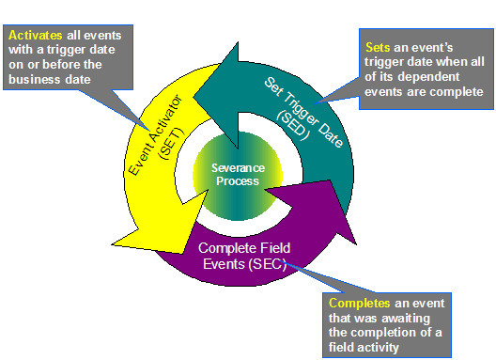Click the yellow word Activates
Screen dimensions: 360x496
tap(37, 35)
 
